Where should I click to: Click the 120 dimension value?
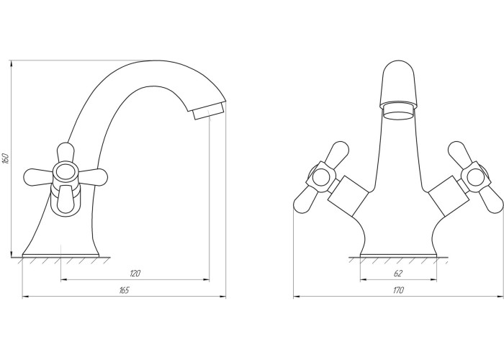135,274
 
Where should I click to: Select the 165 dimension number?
124,290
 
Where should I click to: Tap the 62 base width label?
398,274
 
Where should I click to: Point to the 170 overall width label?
398,290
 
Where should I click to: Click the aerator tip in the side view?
208,111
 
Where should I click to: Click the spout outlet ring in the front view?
397,111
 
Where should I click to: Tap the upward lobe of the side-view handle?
66,153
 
